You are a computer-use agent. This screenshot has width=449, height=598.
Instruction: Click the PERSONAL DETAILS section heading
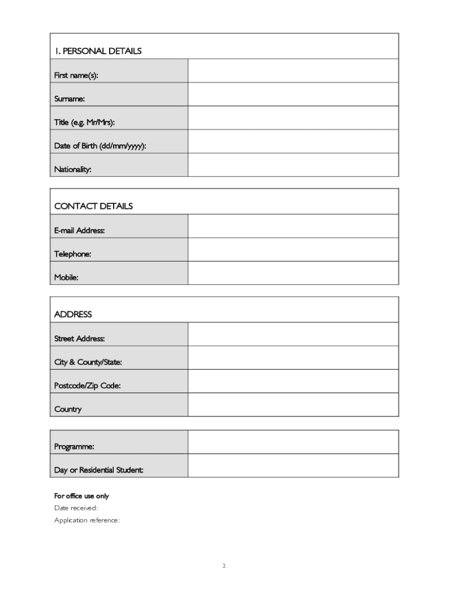pos(98,51)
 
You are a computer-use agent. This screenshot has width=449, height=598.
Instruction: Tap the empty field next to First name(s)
pos(293,71)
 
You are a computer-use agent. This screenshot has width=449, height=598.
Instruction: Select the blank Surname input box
pos(293,94)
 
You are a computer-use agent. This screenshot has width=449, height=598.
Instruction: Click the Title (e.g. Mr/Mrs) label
pos(85,123)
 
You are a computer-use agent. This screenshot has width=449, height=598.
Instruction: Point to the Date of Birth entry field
pos(293,141)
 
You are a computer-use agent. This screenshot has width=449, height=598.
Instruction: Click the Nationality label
pos(73,169)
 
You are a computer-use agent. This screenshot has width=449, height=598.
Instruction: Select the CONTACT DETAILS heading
pos(93,206)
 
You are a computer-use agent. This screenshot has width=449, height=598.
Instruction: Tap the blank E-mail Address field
pos(293,226)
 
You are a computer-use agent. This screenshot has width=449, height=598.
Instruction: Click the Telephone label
pos(73,254)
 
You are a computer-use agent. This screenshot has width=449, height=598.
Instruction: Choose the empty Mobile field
pos(293,273)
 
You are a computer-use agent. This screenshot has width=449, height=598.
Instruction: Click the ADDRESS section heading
pos(73,314)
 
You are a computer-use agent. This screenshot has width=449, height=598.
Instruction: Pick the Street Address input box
pos(293,334)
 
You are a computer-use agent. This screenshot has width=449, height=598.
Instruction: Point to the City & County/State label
pos(88,362)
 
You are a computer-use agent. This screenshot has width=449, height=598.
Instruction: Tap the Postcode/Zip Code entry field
pos(293,381)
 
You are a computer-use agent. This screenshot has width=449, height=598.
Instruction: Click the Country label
pos(68,409)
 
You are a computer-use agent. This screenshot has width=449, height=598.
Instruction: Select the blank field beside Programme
pos(293,442)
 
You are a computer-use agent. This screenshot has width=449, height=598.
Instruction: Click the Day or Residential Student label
pos(99,470)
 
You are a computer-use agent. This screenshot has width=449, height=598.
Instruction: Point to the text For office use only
pos(82,496)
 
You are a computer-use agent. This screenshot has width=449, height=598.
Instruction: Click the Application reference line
pos(87,520)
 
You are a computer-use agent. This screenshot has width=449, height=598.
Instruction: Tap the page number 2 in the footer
pos(224,565)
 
